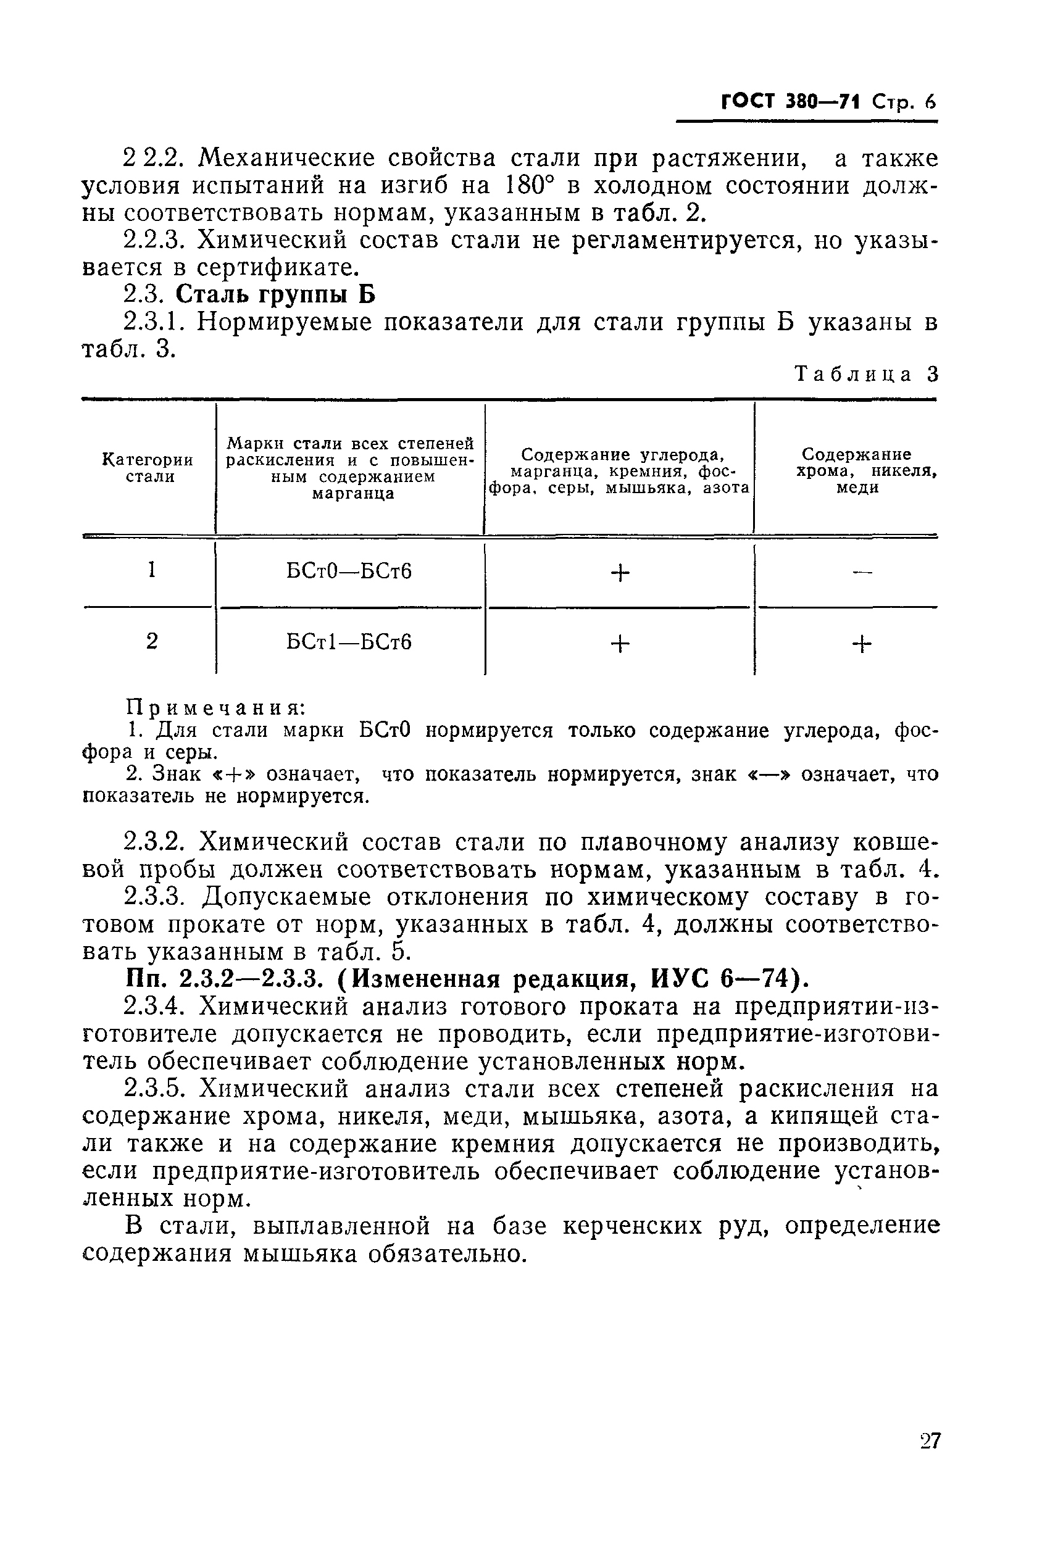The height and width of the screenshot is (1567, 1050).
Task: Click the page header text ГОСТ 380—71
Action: (790, 102)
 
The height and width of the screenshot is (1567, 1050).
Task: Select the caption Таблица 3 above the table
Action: (867, 374)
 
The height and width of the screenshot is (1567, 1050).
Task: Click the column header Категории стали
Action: (148, 468)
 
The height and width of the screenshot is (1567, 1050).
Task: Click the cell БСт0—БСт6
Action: (349, 571)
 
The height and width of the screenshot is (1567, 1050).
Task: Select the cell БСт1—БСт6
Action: (349, 642)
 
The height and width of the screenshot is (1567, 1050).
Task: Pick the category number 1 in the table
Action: (152, 570)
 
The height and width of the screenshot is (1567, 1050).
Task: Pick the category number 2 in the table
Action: (152, 641)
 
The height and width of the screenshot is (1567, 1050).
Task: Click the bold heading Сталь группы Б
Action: (277, 294)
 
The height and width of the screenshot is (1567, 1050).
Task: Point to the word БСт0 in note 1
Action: (385, 730)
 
